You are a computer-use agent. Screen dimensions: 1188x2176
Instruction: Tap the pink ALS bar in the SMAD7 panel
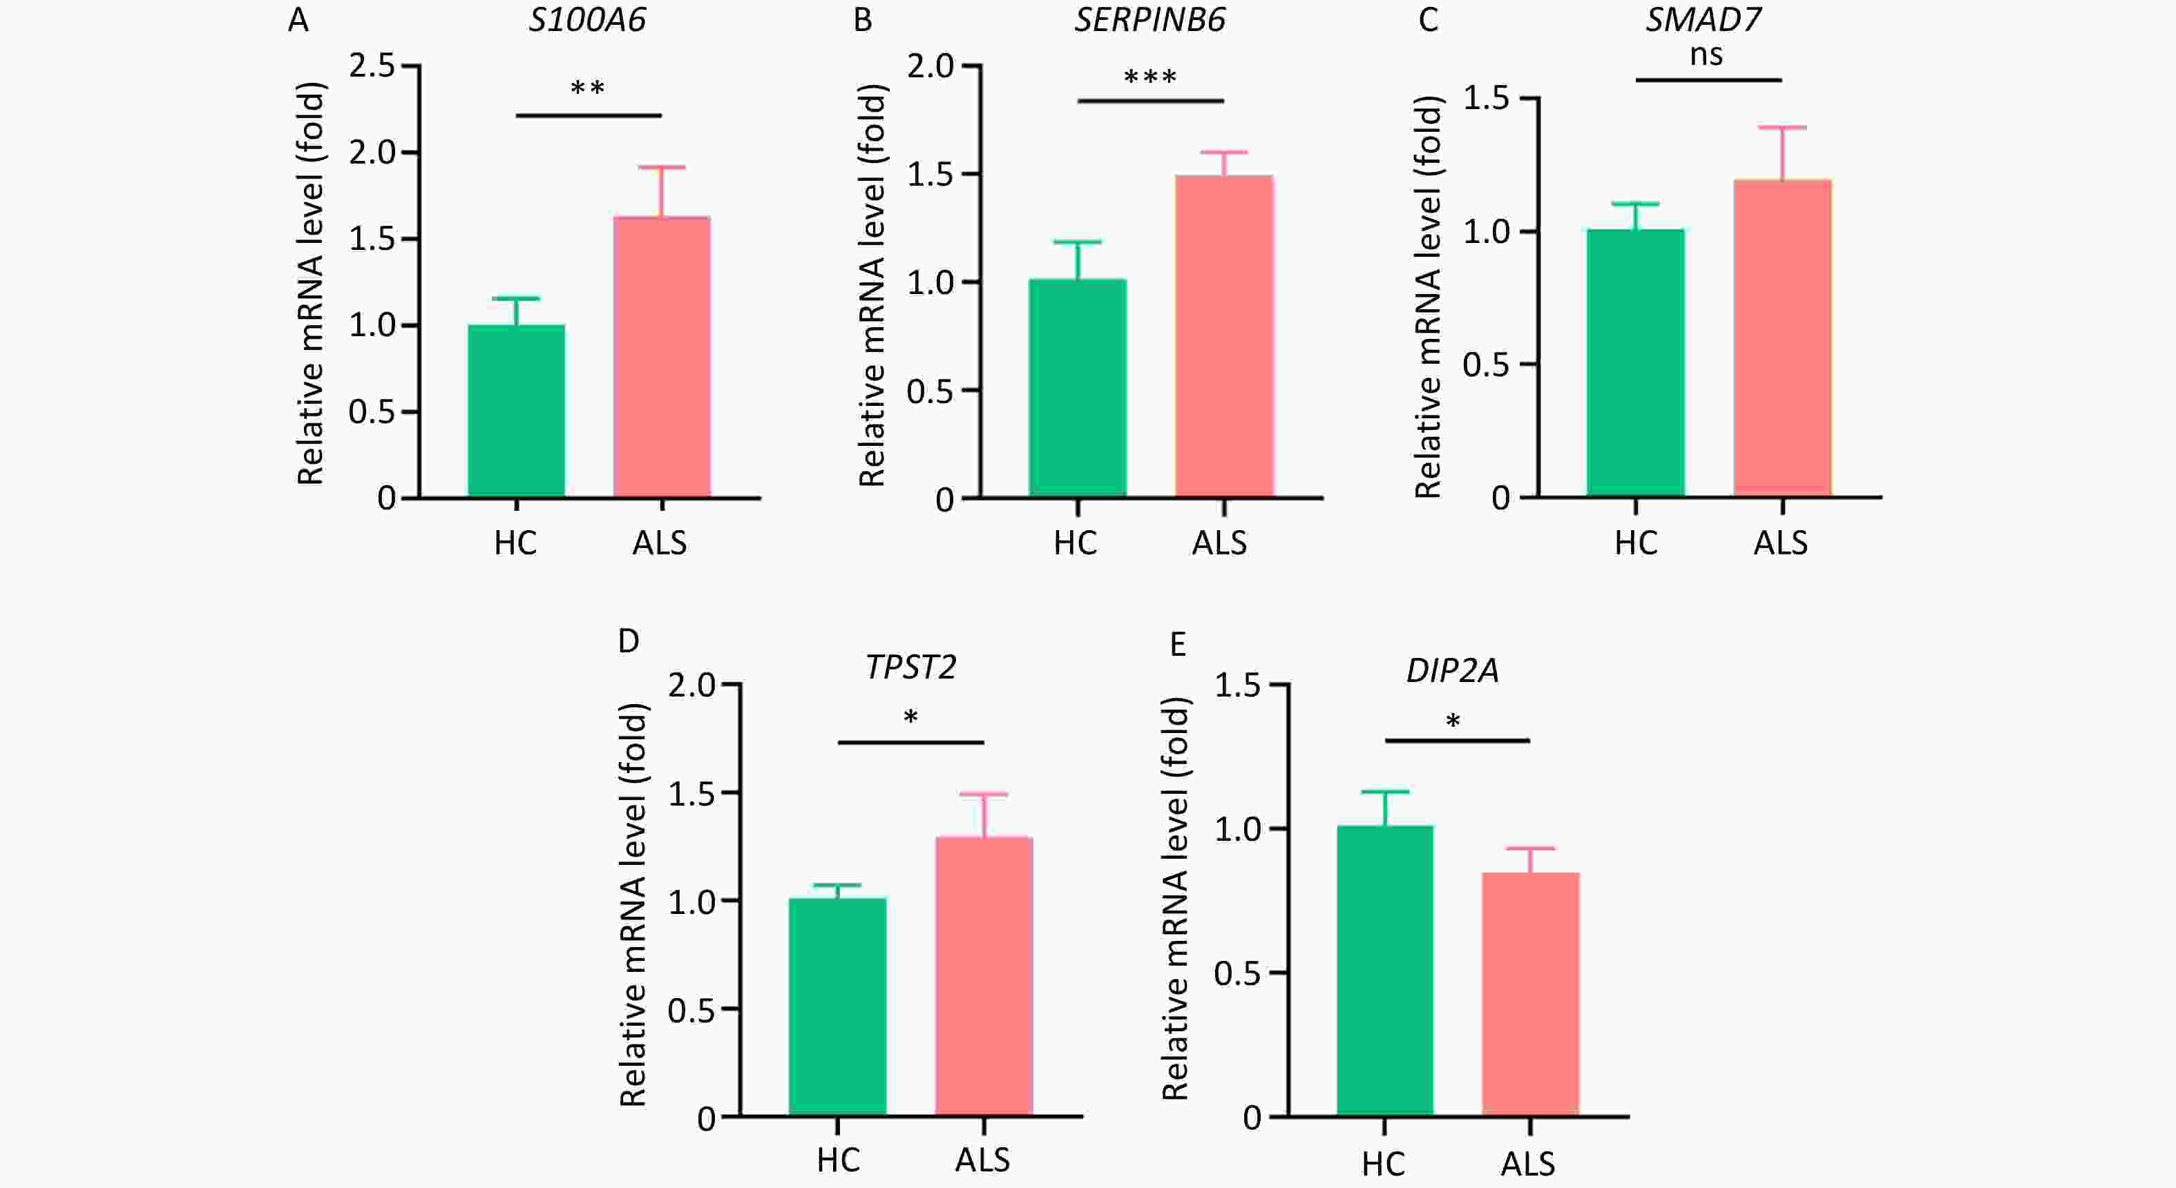[1782, 338]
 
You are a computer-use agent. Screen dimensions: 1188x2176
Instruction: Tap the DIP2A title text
[1452, 670]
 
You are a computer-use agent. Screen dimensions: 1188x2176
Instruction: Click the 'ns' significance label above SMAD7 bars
[1706, 56]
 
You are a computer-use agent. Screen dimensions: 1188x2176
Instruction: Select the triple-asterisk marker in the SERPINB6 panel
[1149, 79]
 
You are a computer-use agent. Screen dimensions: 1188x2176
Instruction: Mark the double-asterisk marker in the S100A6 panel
[588, 88]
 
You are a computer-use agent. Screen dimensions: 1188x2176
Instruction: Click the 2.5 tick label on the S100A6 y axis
[372, 65]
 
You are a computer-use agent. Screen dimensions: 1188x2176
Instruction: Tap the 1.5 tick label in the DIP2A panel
[1237, 685]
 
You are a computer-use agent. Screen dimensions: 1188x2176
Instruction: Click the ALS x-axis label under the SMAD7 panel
[1781, 543]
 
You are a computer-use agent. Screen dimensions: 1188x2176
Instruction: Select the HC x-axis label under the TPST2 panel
[838, 1160]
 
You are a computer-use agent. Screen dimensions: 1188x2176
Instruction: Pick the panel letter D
[629, 642]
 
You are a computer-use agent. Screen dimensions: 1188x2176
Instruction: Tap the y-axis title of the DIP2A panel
[1176, 899]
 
